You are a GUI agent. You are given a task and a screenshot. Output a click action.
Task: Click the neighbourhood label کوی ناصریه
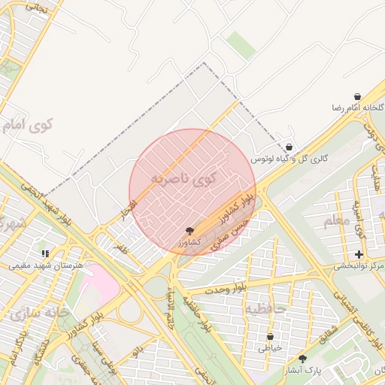point(183,180)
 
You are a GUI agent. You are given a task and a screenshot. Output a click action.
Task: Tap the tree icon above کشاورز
point(189,232)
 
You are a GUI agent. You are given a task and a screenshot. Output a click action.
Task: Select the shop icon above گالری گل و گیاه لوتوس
point(290,147)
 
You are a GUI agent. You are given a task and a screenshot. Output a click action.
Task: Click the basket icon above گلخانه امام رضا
point(356,98)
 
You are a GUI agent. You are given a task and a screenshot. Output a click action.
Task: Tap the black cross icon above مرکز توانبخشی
point(359,255)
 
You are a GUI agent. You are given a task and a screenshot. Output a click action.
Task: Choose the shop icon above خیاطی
point(270,336)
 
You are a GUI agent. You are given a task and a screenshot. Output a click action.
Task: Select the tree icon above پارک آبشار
point(302,359)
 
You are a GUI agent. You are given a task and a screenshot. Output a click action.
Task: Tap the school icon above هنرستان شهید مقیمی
point(45,254)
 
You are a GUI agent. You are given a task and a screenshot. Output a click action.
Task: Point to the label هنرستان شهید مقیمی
point(41,265)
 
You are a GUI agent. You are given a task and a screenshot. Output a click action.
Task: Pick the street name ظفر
point(120,246)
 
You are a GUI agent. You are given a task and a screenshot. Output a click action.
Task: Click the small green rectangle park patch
point(241,44)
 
